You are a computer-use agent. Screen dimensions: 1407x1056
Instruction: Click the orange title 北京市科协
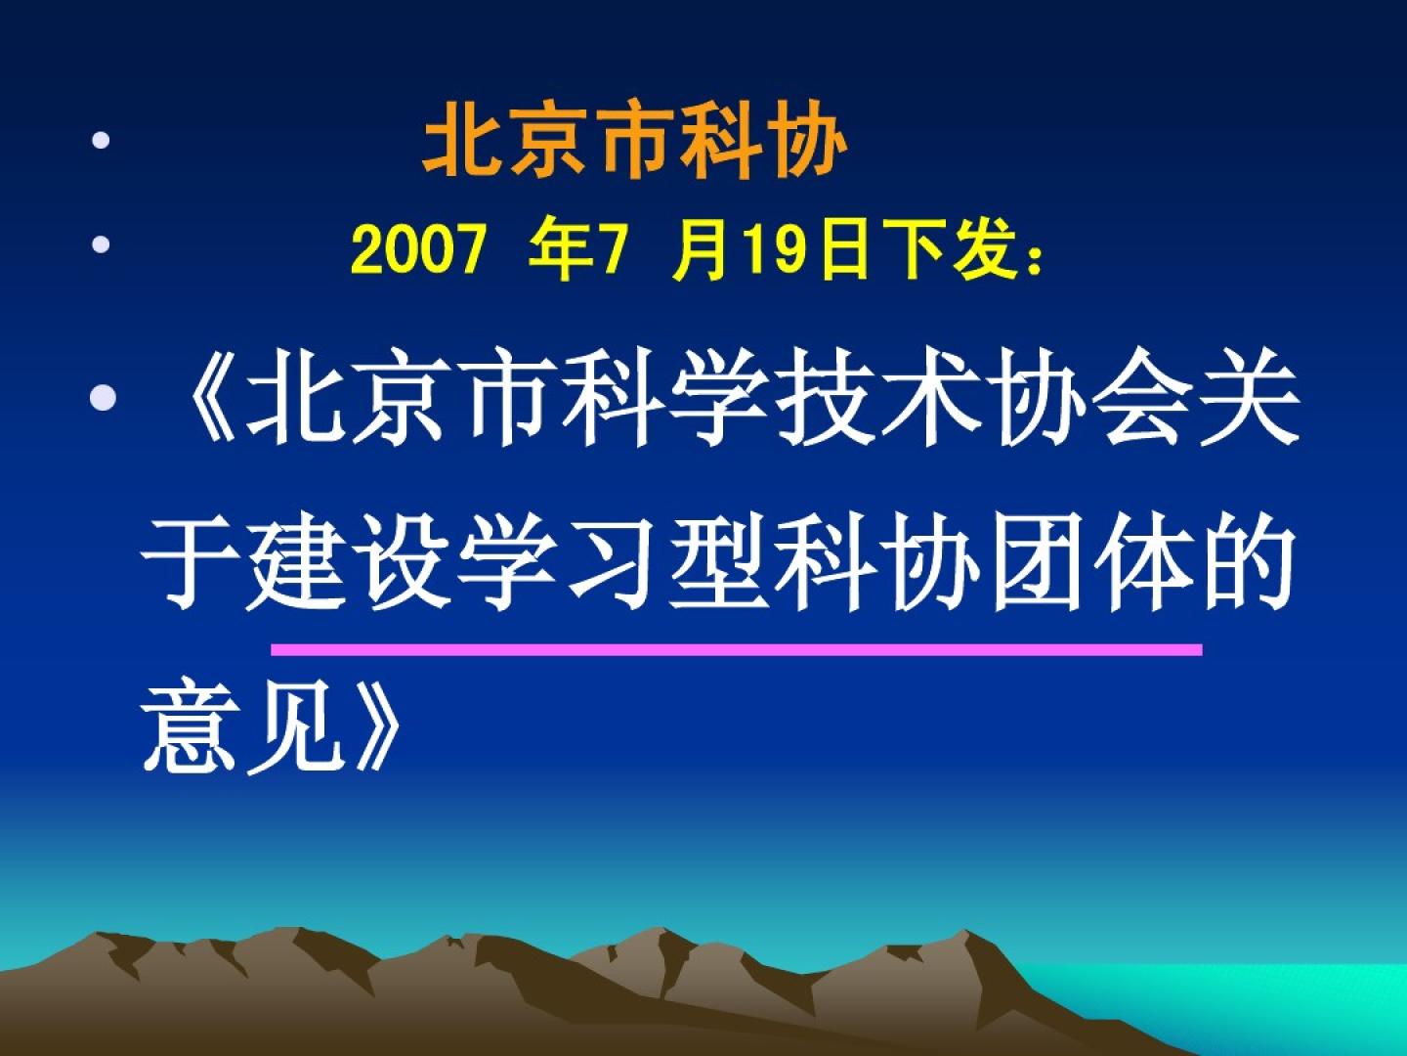(635, 140)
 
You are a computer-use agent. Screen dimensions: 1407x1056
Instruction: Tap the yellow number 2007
(418, 250)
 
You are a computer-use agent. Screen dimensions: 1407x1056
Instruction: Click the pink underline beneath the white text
(737, 650)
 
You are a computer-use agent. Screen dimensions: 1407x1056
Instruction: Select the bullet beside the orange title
(101, 140)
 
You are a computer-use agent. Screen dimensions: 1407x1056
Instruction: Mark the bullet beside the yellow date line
(101, 244)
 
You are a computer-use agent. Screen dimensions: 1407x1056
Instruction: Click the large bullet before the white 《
(104, 397)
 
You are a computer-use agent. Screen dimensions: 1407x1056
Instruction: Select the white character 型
(718, 561)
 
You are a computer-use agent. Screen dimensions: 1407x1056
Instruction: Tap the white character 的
(1248, 561)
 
